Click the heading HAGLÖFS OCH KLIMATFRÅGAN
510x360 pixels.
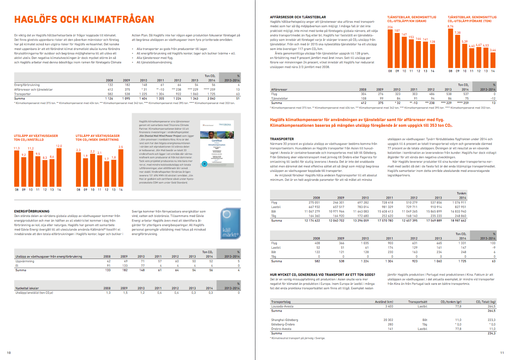pyautogui.click(x=84, y=20)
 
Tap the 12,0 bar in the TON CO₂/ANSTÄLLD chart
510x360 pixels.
pyautogui.click(x=58, y=168)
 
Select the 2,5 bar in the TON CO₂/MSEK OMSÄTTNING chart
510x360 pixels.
pyautogui.click(x=120, y=168)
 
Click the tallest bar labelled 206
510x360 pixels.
pyautogui.click(x=390, y=48)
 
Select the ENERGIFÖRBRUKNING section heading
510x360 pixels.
pyautogui.click(x=32, y=211)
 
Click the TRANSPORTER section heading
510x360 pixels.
pyautogui.click(x=282, y=139)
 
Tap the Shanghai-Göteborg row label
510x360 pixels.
pyautogui.click(x=284, y=320)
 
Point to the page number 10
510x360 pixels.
pyautogui.click(x=9, y=352)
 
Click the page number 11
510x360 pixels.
pyautogui.click(x=501, y=352)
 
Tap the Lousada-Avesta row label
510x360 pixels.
pyautogui.click(x=283, y=306)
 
